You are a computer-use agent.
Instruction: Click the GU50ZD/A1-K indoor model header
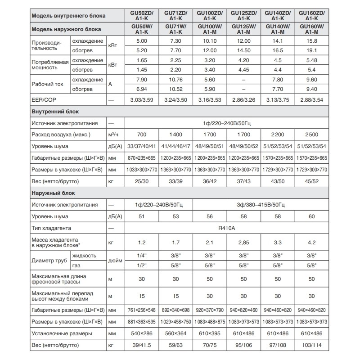point(141,16)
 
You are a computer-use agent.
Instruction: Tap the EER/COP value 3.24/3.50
point(175,99)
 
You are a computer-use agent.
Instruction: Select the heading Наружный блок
point(53,193)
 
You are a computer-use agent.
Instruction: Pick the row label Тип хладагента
point(52,229)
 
